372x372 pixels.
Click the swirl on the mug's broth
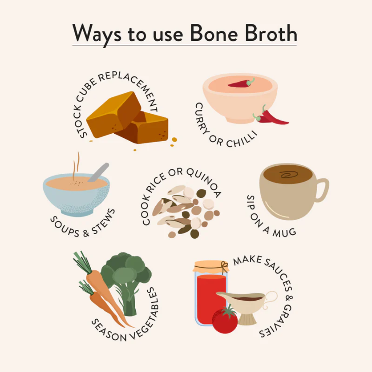tap(289, 174)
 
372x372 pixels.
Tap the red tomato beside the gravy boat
tap(225, 320)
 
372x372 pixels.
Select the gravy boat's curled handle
tap(270, 297)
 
